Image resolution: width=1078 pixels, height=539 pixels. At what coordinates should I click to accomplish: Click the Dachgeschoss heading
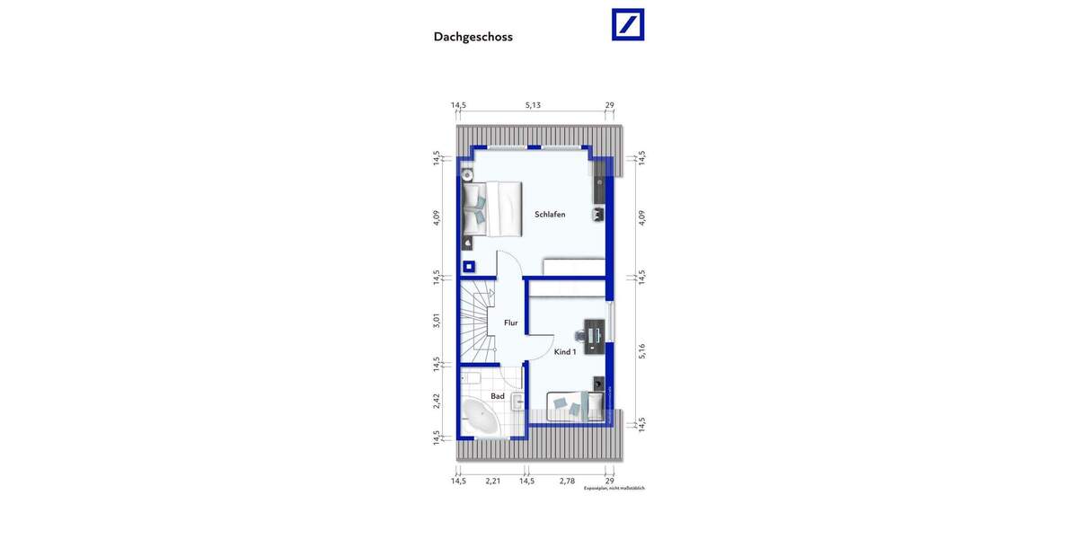(473, 37)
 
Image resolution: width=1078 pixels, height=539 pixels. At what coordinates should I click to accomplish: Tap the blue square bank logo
(628, 24)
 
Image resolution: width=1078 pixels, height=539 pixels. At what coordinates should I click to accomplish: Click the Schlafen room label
(550, 215)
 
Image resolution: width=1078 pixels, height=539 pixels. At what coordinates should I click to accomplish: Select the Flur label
(510, 323)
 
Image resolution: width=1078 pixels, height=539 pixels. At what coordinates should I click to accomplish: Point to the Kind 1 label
(565, 352)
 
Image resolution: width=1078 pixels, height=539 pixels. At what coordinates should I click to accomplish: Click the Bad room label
(497, 396)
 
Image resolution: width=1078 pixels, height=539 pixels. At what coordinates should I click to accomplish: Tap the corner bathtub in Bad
(481, 420)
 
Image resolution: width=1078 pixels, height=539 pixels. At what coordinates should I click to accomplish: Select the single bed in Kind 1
(576, 407)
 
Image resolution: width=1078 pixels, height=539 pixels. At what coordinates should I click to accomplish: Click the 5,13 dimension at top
(533, 105)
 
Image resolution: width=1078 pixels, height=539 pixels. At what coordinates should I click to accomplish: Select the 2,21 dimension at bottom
(492, 482)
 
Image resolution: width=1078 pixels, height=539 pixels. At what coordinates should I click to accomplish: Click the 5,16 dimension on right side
(641, 351)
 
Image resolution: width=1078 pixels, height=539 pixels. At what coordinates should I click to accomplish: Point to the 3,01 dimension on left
(437, 320)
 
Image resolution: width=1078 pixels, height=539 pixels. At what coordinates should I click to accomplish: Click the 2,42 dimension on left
(437, 401)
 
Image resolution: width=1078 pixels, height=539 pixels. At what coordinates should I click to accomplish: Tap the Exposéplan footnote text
(614, 489)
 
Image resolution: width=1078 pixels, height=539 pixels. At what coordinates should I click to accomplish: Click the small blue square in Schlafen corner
(468, 266)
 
